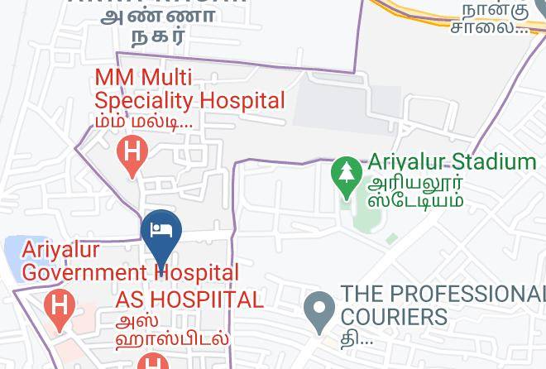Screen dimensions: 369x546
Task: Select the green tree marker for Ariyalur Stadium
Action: (345, 173)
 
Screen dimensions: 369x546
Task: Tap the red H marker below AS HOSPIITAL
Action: (152, 362)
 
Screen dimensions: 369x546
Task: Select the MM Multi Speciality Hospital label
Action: (189, 89)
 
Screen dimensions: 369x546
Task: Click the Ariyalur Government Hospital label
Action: (130, 261)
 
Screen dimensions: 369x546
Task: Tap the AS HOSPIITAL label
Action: (189, 300)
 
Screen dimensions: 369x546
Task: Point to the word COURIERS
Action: (394, 317)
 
